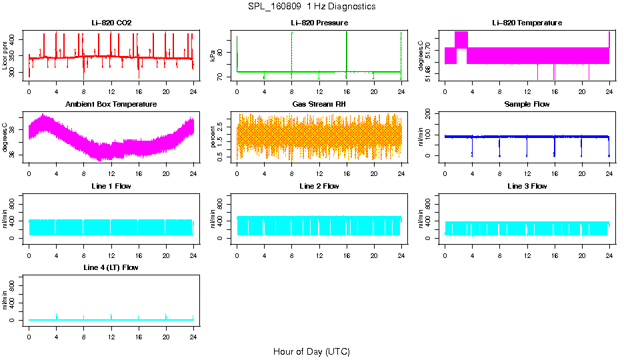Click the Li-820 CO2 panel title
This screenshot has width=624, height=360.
111,23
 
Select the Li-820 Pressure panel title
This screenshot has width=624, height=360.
319,23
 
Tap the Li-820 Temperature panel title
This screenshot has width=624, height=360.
527,23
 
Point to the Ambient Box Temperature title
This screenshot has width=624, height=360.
111,104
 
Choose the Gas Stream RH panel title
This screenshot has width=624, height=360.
319,104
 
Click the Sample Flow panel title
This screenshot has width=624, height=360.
527,104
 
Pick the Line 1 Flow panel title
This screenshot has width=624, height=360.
111,186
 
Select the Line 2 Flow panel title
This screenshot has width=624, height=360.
319,186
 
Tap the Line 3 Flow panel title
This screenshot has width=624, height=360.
527,186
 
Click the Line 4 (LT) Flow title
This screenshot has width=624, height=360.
111,267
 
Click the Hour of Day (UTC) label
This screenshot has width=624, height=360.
311,351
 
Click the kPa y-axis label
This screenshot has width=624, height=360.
213,57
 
